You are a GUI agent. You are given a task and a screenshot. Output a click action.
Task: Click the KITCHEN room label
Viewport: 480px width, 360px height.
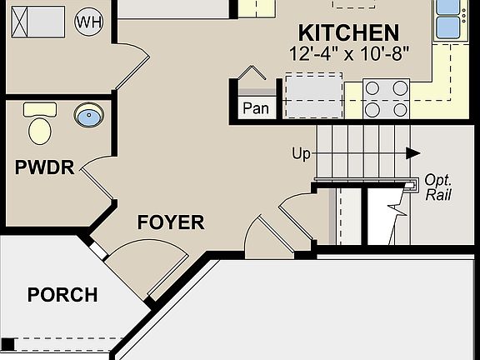(x=347, y=33)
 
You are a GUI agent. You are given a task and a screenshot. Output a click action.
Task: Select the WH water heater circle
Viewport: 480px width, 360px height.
(x=87, y=21)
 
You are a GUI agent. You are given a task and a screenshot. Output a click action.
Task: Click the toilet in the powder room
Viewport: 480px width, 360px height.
(x=39, y=124)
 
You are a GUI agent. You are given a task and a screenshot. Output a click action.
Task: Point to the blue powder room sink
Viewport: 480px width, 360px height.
(x=87, y=115)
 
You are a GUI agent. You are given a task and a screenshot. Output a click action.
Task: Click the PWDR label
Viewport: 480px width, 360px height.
(x=44, y=167)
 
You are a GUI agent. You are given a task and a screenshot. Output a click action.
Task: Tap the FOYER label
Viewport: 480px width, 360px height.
(x=170, y=222)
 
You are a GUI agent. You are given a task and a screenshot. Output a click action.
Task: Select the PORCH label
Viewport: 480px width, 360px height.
(x=62, y=295)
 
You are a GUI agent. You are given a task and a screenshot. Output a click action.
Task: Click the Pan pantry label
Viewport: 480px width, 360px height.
(x=254, y=108)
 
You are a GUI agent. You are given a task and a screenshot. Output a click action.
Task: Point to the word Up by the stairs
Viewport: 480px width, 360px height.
(x=302, y=153)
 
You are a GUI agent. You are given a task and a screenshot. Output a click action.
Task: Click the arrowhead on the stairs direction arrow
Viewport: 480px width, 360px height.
(x=412, y=153)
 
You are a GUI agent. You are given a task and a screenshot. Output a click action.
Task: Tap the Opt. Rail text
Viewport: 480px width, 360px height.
(x=437, y=187)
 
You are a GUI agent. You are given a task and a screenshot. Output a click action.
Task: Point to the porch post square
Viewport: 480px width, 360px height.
(x=7, y=343)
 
